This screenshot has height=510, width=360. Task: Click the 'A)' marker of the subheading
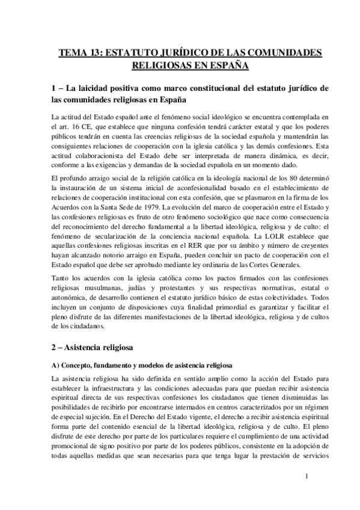tap(56, 366)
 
